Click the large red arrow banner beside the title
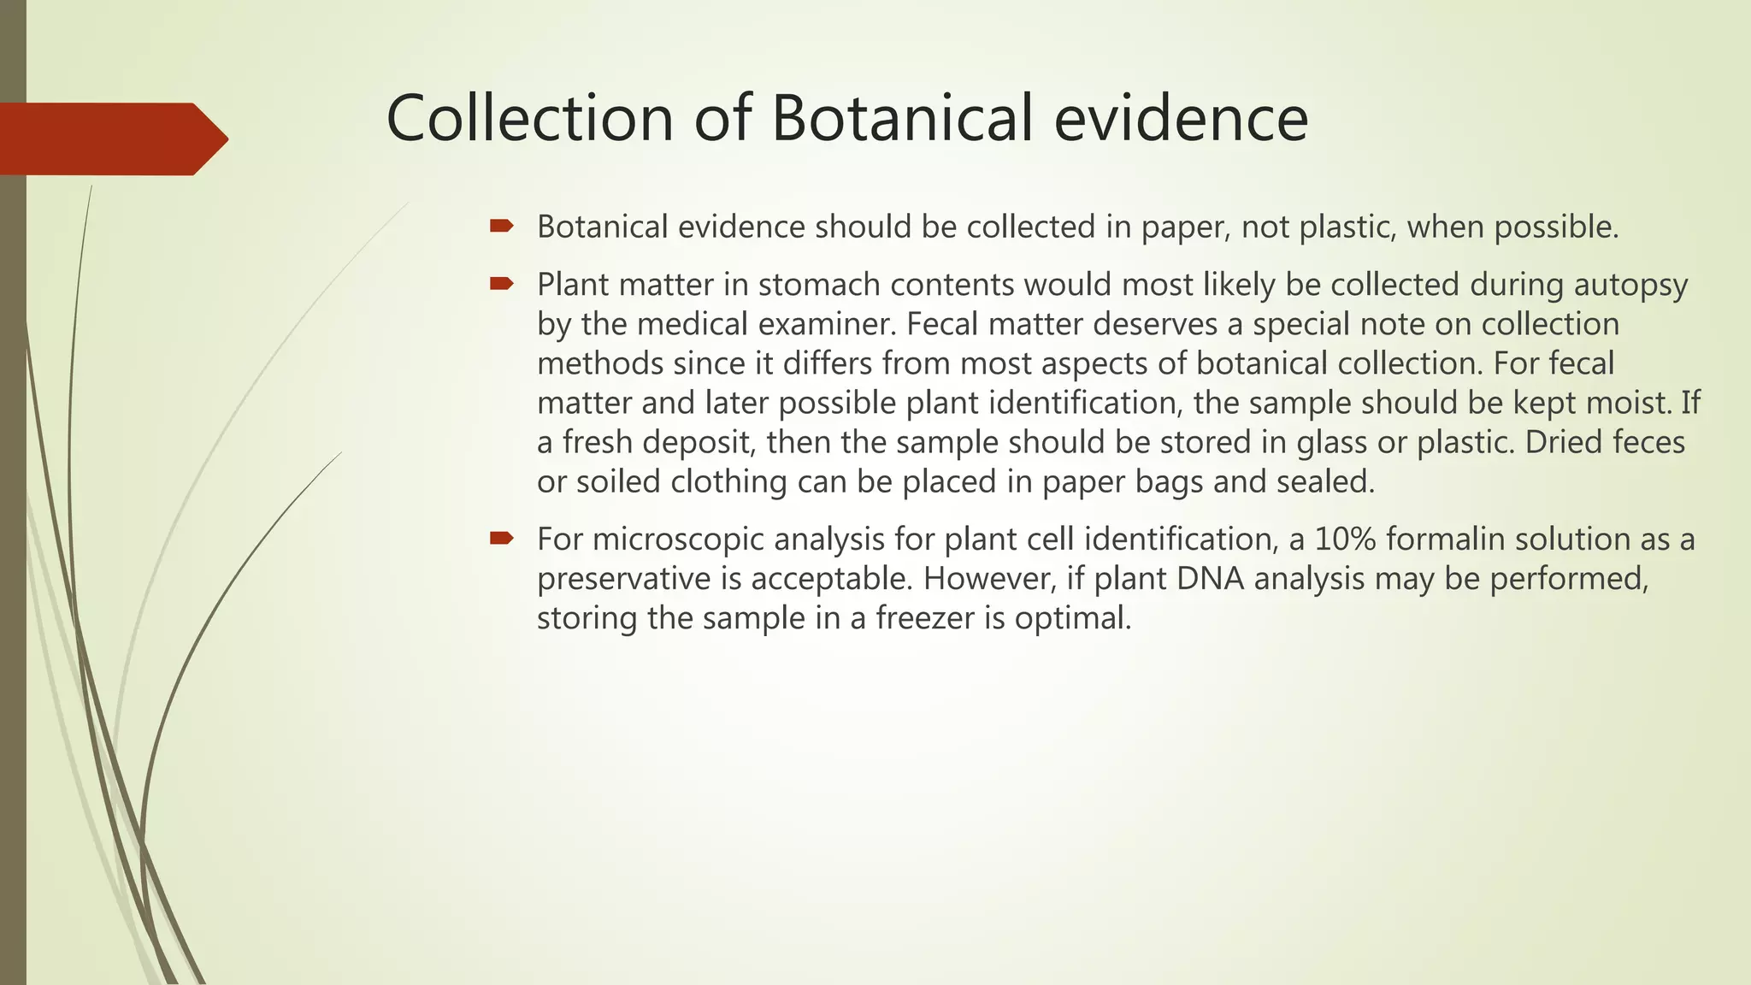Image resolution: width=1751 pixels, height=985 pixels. click(111, 139)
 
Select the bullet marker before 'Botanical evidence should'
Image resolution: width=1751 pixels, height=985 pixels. click(501, 227)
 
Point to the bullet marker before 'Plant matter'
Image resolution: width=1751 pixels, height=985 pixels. click(501, 284)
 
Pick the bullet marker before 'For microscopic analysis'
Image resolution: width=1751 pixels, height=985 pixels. click(501, 539)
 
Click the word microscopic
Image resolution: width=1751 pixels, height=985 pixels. click(679, 540)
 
